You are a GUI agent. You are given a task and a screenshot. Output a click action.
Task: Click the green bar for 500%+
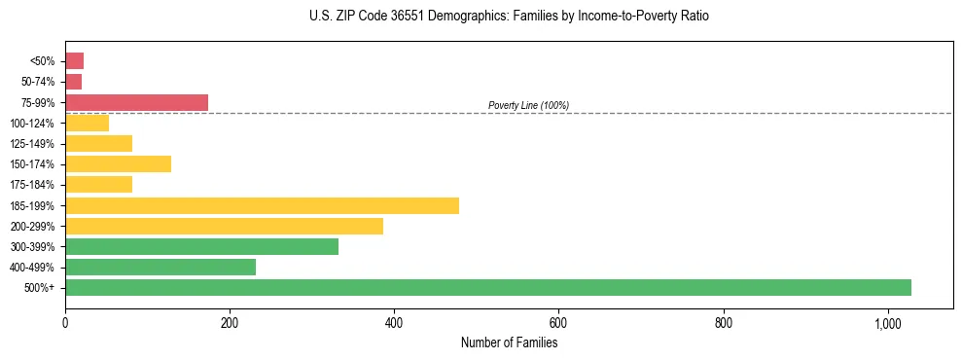tap(487, 287)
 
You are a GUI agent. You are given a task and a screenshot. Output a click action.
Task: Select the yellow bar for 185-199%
tap(262, 205)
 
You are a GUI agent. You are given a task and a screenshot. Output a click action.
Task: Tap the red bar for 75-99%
tap(136, 102)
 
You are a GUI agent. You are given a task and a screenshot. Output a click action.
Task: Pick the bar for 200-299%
tap(224, 226)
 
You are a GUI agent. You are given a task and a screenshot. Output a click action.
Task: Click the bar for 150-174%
tap(118, 163)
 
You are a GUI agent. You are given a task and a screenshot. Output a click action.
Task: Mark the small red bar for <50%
tap(74, 61)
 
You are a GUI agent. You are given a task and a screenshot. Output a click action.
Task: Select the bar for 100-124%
tap(87, 123)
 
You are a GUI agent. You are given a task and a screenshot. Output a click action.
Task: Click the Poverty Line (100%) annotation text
tap(528, 105)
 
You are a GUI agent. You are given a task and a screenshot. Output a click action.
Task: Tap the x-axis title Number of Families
tap(509, 342)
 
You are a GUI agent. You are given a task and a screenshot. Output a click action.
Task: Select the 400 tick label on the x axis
tap(394, 323)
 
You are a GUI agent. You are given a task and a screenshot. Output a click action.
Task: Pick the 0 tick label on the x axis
tap(65, 323)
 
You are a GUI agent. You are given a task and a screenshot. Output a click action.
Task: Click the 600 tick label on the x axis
tap(558, 323)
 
